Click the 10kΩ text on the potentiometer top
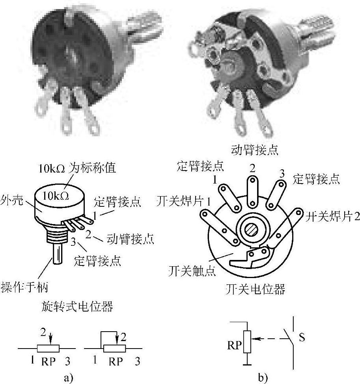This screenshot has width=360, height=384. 56,196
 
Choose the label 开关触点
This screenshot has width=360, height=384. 187,271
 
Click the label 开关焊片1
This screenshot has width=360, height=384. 180,200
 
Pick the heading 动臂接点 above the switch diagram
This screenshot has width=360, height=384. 256,150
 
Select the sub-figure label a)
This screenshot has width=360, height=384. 69,378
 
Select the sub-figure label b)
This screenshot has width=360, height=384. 262,378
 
